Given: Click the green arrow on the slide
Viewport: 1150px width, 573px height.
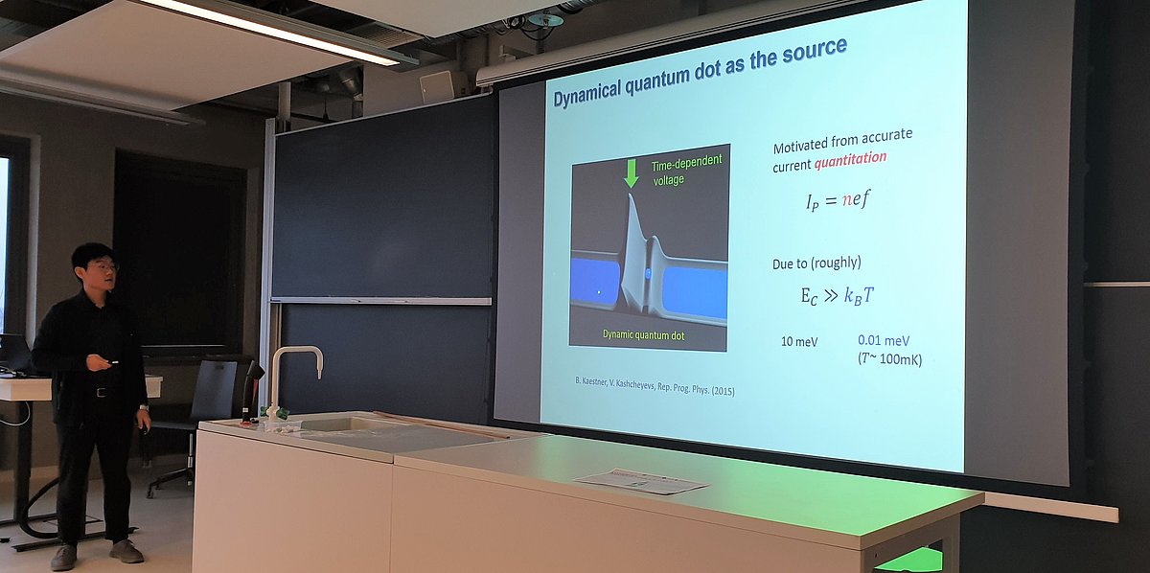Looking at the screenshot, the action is pos(631,173).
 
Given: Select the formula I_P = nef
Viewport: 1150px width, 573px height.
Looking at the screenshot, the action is pos(839,200).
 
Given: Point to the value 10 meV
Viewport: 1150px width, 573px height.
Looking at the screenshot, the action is pos(799,341).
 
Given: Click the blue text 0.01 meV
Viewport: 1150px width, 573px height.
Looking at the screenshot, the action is pos(884,340).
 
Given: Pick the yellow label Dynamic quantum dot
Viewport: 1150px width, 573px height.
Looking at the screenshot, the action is pos(643,334).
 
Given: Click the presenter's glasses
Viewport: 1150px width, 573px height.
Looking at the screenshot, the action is pos(103,266).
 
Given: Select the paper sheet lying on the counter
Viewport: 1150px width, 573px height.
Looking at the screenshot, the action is pos(642,481).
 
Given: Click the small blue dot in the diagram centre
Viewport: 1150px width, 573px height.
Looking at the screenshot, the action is pos(648,273).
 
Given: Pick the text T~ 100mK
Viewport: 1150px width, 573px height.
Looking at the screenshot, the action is pos(889,358).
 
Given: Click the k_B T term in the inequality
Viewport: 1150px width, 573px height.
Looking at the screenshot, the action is pos(859,296).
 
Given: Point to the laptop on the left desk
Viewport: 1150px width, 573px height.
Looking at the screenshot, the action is pos(14,354).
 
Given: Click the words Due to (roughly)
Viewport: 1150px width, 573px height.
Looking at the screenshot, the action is pos(816,264).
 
